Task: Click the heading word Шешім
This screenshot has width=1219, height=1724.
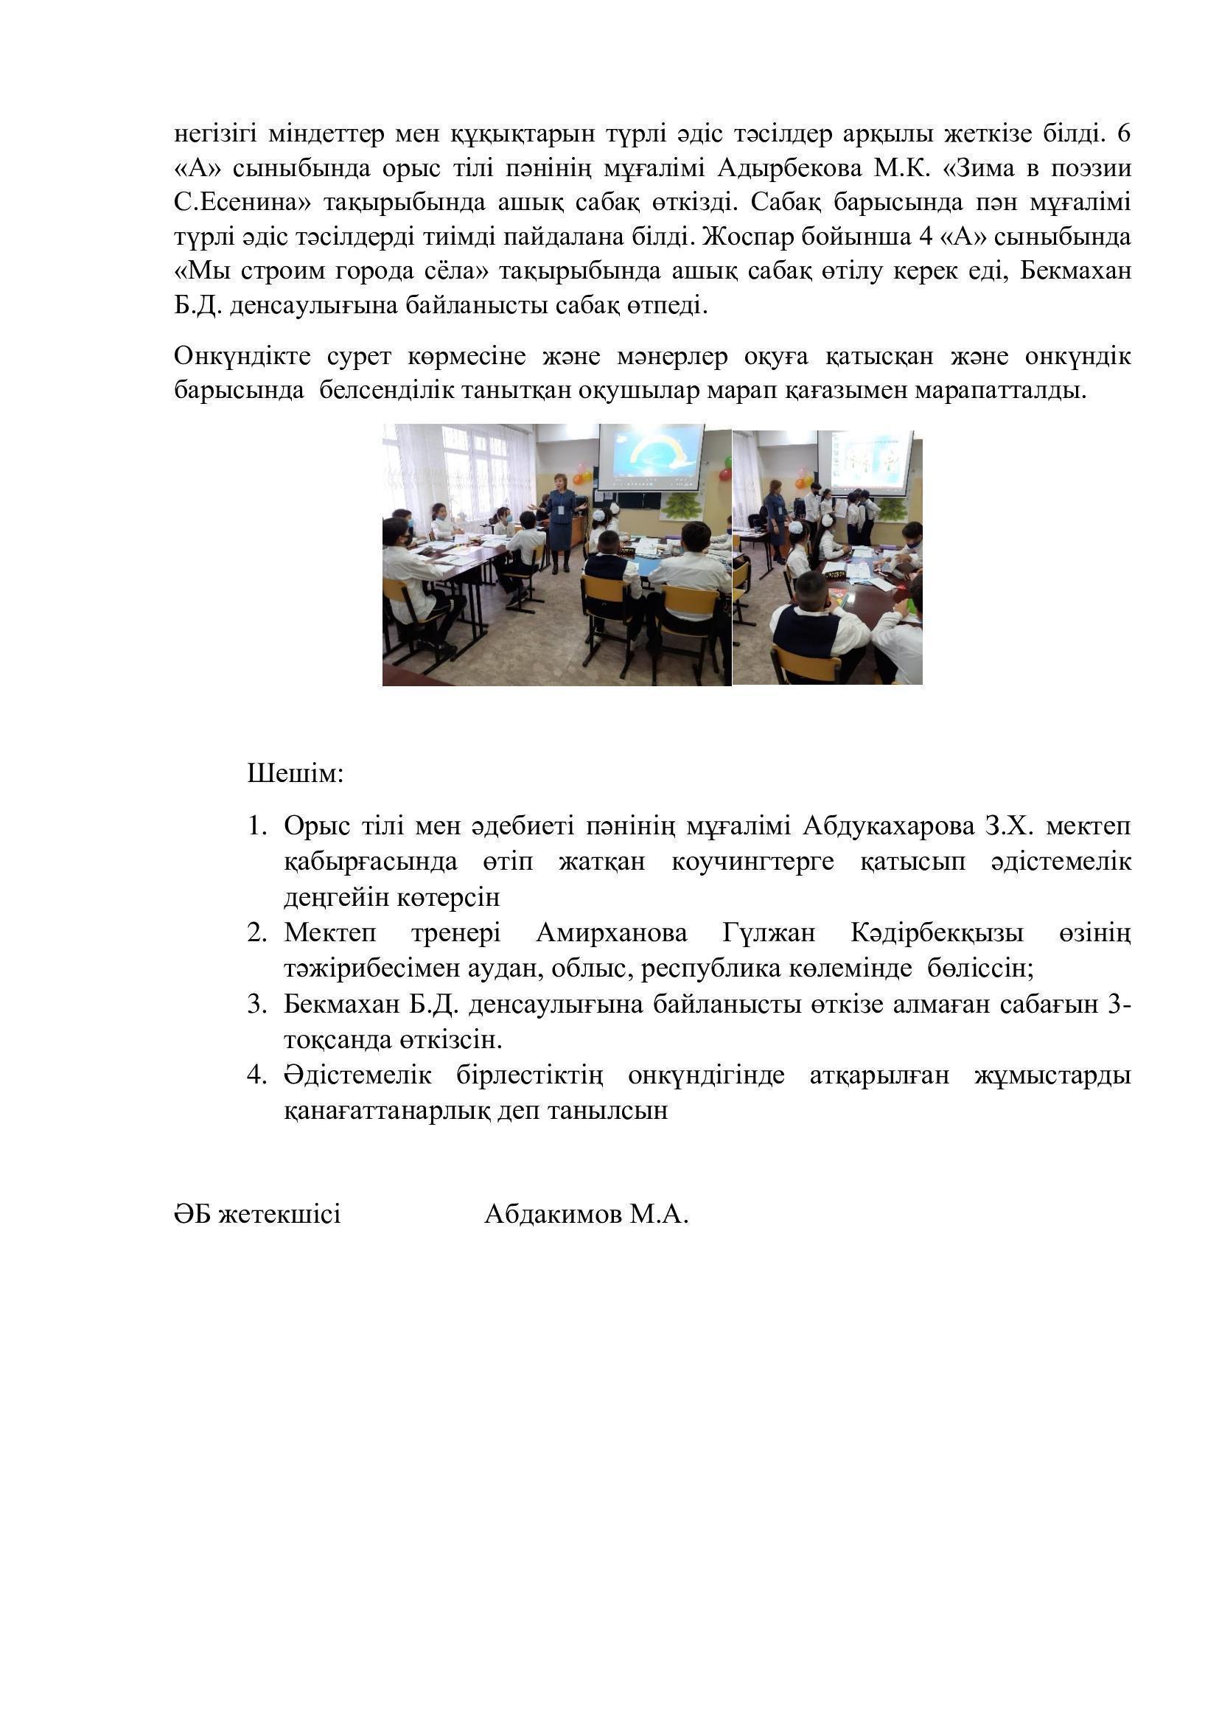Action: (295, 773)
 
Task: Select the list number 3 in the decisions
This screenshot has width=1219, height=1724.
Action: (256, 1004)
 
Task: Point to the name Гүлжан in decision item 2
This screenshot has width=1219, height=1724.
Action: (769, 933)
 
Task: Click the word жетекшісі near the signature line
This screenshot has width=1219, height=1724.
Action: (279, 1214)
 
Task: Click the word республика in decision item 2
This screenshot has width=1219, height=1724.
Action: (699, 969)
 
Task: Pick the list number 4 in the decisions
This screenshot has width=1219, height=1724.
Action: (256, 1075)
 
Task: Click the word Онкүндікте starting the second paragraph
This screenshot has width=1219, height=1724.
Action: (242, 356)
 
